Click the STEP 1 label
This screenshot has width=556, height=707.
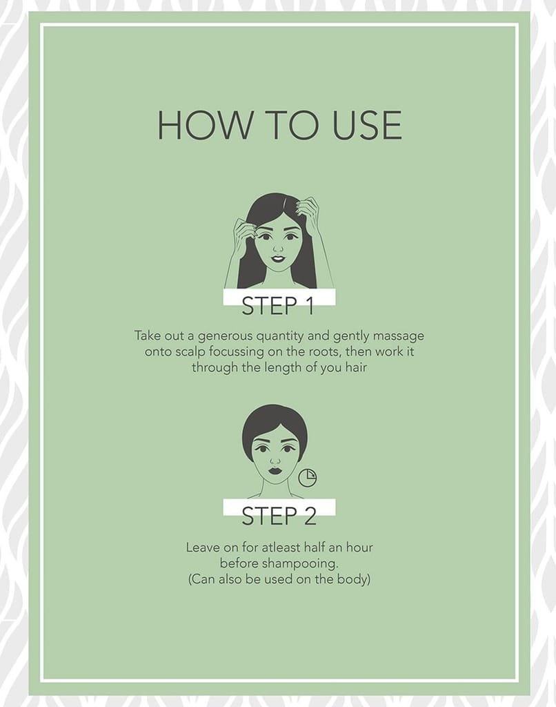(277, 306)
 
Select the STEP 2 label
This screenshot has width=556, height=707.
(279, 516)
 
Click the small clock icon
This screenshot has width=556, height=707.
(308, 478)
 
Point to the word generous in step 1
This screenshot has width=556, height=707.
(226, 336)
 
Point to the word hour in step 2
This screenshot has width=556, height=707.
(359, 548)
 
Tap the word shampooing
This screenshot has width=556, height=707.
(301, 563)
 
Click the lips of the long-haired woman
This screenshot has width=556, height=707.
(278, 260)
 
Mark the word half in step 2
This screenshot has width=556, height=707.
(315, 548)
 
